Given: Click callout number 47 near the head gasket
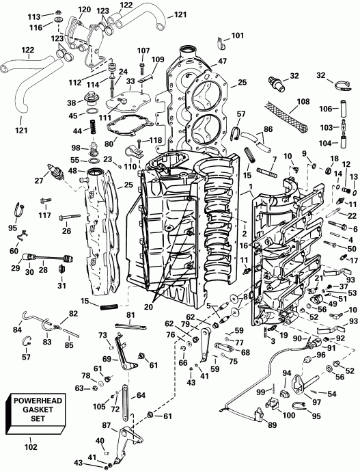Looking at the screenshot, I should [223, 61].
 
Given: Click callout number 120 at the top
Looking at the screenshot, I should [85, 9].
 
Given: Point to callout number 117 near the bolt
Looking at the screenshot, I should [44, 198].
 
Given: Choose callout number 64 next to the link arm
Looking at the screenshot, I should [141, 395].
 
